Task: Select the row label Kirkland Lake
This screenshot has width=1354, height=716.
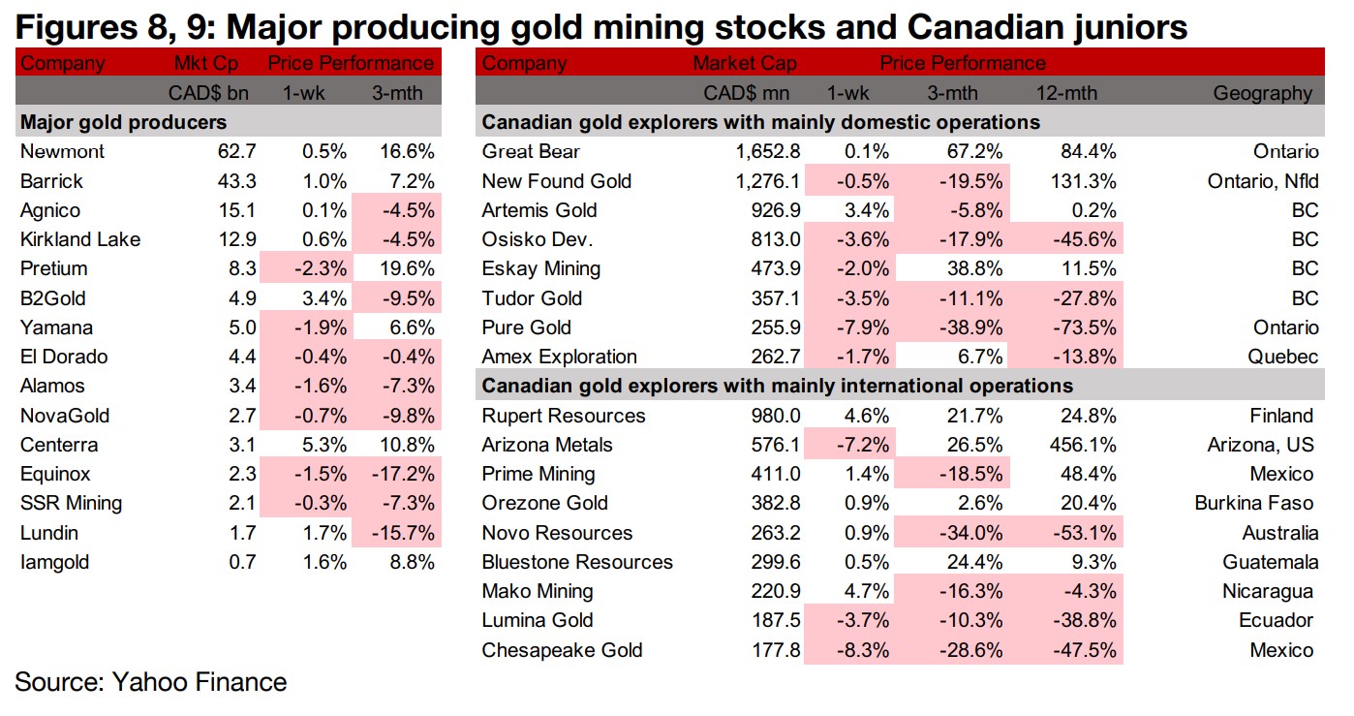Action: (79, 239)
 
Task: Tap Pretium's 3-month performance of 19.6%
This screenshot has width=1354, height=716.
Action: (404, 268)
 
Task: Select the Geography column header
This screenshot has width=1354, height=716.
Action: (1262, 94)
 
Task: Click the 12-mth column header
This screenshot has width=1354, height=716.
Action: (1066, 94)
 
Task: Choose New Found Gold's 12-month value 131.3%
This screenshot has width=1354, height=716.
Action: (1083, 181)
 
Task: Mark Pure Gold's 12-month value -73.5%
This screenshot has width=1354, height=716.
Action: (1083, 327)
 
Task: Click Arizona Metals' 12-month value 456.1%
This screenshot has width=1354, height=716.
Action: (1083, 445)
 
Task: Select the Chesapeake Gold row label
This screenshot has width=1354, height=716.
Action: (562, 650)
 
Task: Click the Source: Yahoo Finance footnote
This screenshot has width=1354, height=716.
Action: (151, 682)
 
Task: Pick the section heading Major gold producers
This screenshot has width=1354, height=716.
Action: (123, 122)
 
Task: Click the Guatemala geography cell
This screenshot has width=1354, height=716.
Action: (1269, 562)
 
